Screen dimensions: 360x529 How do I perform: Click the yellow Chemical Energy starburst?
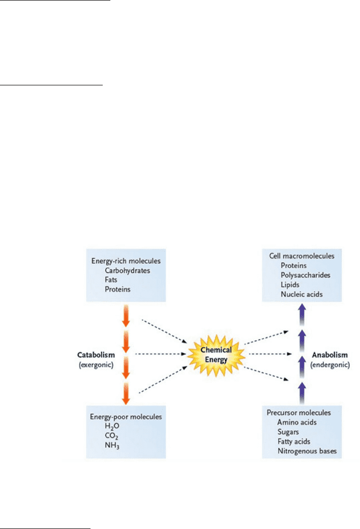216,355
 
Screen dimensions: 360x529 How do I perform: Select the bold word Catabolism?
96,355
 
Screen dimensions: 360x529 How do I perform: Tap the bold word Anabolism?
329,355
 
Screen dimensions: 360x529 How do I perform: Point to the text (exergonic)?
96,365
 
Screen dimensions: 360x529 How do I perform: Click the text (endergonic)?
330,365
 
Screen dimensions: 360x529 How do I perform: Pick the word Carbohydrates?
127,270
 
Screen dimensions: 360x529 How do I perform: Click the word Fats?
111,279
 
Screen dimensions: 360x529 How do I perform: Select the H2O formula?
112,426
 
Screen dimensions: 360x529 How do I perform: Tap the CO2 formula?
111,436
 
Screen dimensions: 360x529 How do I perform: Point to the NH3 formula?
112,445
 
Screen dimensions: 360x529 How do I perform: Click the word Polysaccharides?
305,275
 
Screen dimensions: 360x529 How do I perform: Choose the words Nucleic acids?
302,294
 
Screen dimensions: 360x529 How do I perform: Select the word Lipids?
290,285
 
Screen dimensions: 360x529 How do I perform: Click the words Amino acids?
297,422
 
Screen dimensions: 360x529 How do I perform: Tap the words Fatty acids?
294,441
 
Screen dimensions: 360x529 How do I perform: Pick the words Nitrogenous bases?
307,451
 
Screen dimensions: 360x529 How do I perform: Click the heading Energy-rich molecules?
126,261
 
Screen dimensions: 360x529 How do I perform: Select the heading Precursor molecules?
298,413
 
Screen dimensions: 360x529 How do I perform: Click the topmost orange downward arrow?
126,316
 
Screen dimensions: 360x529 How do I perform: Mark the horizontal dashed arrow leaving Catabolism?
161,354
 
